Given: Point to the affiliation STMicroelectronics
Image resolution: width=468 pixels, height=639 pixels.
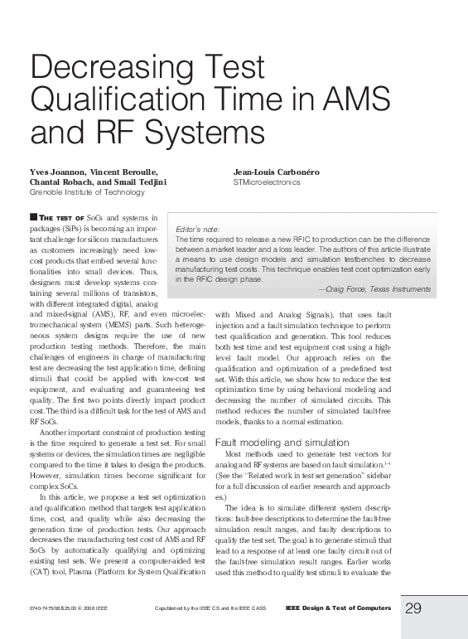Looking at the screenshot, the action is tap(267, 182).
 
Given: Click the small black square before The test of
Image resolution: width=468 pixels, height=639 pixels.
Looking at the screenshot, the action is tap(32, 216).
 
